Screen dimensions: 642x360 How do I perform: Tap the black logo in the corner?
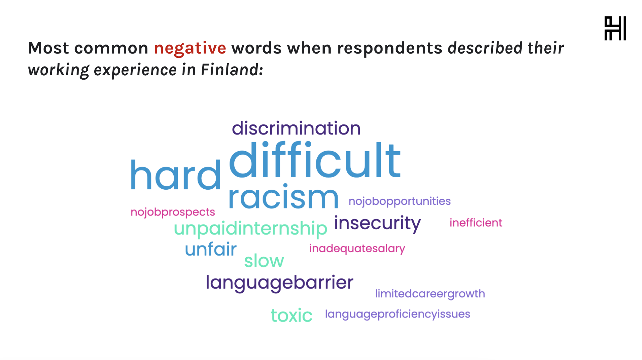(x=615, y=28)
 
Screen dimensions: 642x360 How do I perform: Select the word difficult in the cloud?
(x=315, y=160)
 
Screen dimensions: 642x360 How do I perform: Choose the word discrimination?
(x=296, y=128)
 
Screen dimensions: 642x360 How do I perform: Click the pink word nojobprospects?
(x=173, y=212)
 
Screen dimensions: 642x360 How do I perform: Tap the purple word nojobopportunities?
(x=400, y=201)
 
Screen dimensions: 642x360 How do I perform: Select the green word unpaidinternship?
(x=250, y=229)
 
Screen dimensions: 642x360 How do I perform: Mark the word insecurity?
(x=377, y=223)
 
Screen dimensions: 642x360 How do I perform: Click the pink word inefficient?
(x=476, y=222)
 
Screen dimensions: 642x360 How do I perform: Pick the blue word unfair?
(x=211, y=249)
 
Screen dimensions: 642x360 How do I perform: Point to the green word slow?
(x=264, y=261)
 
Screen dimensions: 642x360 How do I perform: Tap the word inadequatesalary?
(x=357, y=249)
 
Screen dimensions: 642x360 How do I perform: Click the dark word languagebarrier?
(x=280, y=283)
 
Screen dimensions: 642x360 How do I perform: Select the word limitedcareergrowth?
(x=430, y=294)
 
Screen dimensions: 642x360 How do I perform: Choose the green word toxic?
(x=292, y=316)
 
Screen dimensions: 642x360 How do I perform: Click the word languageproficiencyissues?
(x=398, y=314)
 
